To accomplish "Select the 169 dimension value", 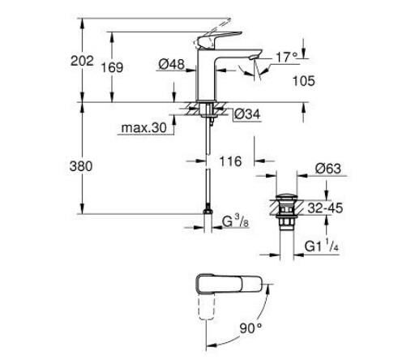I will click(x=112, y=68).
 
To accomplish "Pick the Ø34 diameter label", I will click(x=246, y=114).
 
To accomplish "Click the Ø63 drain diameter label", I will click(x=328, y=169).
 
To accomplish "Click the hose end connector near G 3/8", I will click(x=208, y=220).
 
